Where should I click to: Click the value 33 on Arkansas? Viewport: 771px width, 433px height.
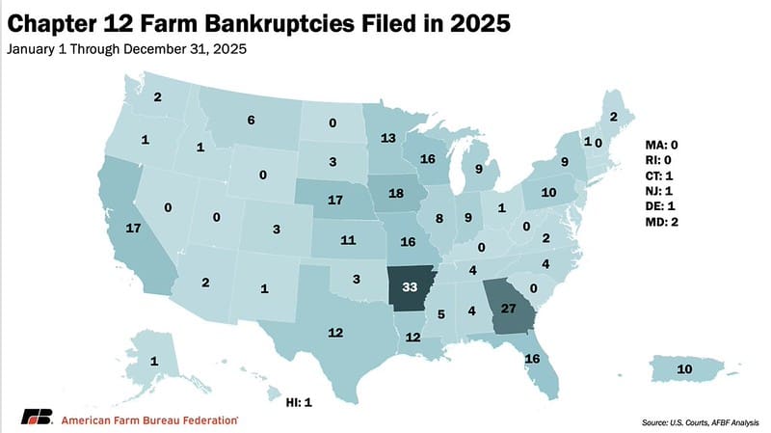coord(409,286)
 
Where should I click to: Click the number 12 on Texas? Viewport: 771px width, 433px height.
coord(334,333)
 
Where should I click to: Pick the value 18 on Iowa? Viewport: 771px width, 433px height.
coord(394,194)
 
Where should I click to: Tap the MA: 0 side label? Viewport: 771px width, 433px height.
coord(669,144)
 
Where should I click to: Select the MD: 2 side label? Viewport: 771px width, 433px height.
coord(669,223)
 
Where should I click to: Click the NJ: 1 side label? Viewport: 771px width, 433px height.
coord(668,191)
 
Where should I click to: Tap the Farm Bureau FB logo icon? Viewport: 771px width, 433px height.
coord(38,417)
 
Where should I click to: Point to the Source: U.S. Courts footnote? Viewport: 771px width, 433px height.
coord(693,421)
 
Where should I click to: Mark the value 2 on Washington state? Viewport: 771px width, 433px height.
coord(157,96)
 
